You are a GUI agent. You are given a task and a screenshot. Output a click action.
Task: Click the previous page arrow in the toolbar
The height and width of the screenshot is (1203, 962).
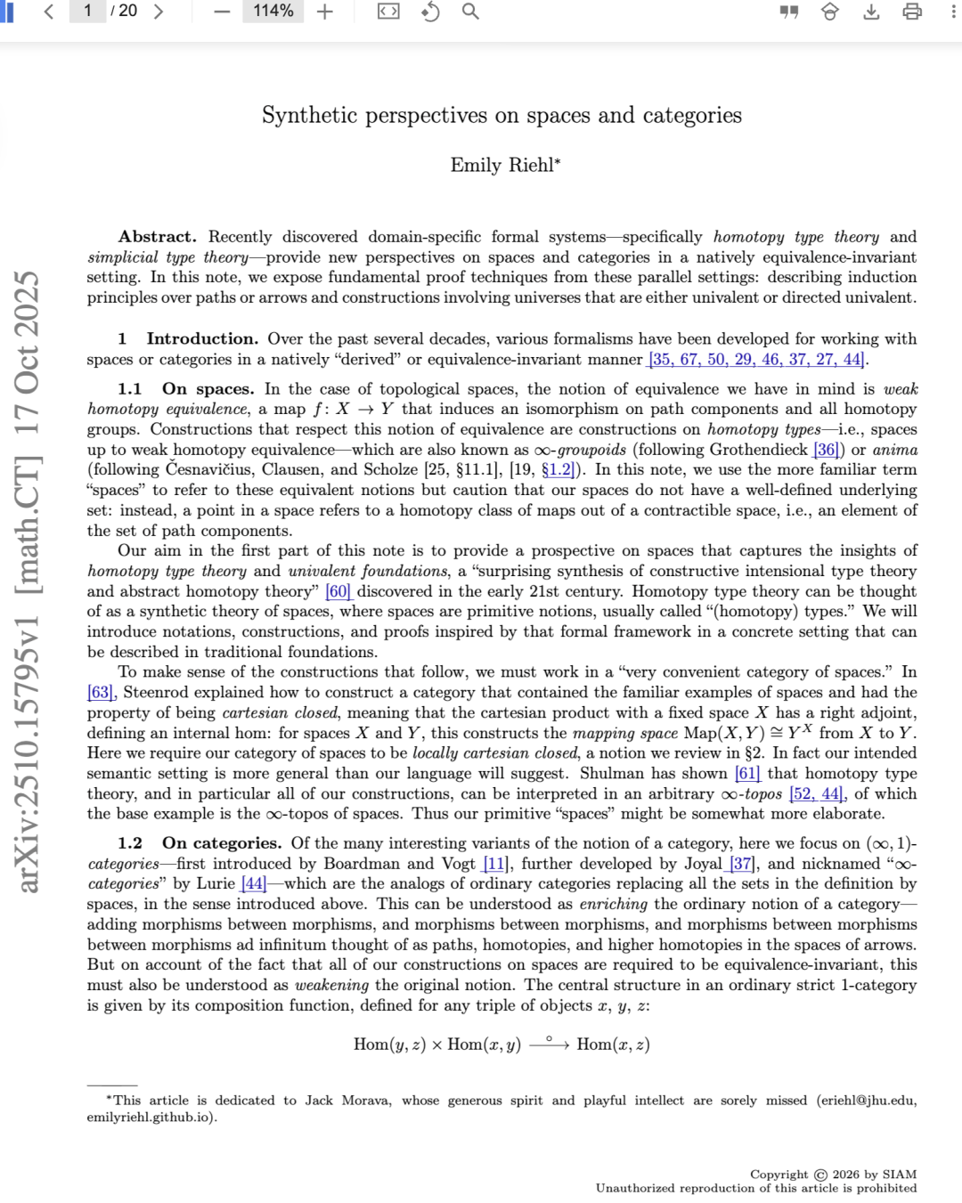point(49,12)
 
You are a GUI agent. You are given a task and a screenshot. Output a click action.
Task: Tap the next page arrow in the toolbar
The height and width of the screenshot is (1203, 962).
point(159,12)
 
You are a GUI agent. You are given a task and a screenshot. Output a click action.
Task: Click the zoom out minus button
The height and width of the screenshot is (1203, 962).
point(223,12)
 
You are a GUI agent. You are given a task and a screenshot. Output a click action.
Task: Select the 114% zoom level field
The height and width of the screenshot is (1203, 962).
point(273,12)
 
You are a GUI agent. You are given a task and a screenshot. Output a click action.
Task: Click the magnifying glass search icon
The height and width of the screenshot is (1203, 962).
point(470,12)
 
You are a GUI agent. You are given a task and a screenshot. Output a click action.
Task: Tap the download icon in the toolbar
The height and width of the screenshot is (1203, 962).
point(871,12)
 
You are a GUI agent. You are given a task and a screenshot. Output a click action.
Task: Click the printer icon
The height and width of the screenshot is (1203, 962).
point(912,12)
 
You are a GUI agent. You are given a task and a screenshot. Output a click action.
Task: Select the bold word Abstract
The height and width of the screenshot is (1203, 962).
point(157,237)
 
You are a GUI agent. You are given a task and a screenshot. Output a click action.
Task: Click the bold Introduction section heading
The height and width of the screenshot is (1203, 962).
point(201,338)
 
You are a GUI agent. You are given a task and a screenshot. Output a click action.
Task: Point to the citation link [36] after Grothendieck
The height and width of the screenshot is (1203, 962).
point(826,450)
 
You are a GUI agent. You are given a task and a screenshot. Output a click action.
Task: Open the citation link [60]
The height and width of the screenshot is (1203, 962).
point(338,591)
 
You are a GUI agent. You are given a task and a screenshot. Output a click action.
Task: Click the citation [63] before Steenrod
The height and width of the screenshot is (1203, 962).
point(101,692)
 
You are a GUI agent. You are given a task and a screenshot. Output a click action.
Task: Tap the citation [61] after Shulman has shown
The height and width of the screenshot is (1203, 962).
point(747,773)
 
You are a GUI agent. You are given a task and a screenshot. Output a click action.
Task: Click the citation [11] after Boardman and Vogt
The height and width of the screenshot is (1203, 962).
point(494,863)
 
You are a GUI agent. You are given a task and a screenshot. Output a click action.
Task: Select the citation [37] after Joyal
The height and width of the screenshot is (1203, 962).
point(742,863)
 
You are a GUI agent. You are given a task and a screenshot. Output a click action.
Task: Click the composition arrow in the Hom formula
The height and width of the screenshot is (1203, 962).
point(549,1044)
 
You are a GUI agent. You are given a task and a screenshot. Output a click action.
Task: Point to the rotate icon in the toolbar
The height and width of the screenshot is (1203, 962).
point(430,12)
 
